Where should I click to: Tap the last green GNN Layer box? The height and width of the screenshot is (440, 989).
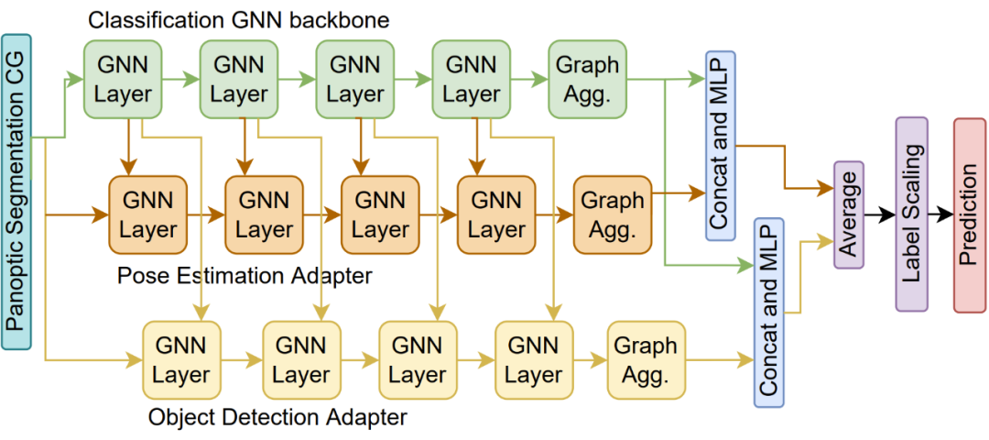click(472, 79)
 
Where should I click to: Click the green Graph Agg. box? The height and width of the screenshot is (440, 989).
click(588, 79)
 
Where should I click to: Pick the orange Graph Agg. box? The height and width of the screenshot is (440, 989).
click(613, 214)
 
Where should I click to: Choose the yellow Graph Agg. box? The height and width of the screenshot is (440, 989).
click(646, 359)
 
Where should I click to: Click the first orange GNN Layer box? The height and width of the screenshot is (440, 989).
click(147, 214)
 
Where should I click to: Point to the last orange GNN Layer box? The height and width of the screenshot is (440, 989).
click(496, 214)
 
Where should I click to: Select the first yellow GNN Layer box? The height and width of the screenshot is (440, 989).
click(180, 359)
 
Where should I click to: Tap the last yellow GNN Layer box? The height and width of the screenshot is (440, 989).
click(533, 359)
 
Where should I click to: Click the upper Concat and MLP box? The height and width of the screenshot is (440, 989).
click(721, 145)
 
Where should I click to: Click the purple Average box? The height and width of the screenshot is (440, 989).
click(849, 214)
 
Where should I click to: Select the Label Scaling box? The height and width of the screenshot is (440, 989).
click(911, 214)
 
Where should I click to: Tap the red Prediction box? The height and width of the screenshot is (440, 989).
click(969, 214)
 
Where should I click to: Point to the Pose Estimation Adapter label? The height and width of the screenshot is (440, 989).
click(245, 275)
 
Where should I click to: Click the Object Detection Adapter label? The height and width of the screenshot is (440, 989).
click(277, 419)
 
